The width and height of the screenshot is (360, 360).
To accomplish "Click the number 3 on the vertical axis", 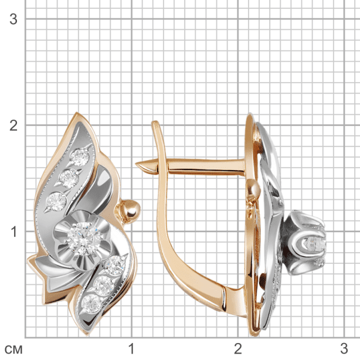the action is click(x=13, y=19).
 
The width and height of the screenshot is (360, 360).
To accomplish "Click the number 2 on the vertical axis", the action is click(x=13, y=125).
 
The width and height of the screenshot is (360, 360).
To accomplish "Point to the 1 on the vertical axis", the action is click(x=13, y=232).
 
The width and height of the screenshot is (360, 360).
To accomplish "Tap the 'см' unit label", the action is click(x=13, y=349).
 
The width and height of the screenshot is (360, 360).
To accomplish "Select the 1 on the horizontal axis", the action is click(x=131, y=349).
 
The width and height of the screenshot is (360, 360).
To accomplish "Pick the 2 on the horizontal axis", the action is click(x=238, y=349).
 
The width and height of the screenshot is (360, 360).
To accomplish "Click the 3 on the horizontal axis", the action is click(x=344, y=349).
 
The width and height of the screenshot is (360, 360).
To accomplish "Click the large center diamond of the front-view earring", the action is click(x=84, y=239).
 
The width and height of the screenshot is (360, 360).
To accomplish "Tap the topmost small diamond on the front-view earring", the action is click(x=80, y=157).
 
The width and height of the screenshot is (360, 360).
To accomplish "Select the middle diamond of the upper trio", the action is click(x=69, y=178).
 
